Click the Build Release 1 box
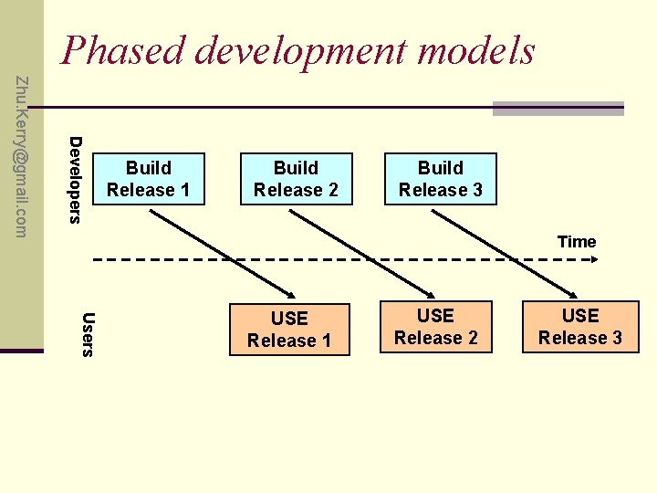click(x=148, y=179)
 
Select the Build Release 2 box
click(x=296, y=179)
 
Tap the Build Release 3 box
click(x=441, y=179)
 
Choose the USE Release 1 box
click(x=289, y=330)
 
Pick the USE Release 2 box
click(x=435, y=327)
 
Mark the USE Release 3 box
click(x=580, y=327)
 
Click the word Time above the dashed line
click(x=577, y=242)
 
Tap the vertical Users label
click(x=88, y=335)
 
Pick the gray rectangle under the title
click(x=558, y=108)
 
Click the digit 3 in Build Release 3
click(x=477, y=190)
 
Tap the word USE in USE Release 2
click(x=435, y=316)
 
